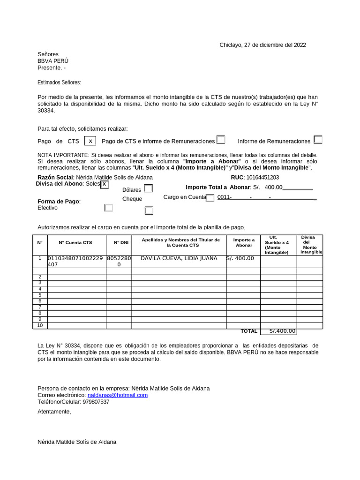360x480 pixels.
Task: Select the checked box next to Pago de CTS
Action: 90,141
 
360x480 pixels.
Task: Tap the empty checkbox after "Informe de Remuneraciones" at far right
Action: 318,140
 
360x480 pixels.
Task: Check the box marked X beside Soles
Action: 105,184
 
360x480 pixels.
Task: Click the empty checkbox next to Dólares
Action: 149,188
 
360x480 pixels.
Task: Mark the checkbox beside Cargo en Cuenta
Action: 210,197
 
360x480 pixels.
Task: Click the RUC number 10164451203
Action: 262,178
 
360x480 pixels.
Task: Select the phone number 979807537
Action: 96,402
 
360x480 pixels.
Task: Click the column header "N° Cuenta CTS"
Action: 75,243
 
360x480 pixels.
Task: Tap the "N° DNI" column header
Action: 121,243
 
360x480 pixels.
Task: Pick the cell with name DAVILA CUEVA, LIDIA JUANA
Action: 179,258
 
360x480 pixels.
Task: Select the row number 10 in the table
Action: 40,325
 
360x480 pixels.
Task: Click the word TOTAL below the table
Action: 249,331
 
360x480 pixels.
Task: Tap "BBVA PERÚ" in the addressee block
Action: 53,61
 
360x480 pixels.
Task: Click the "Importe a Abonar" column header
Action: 244,243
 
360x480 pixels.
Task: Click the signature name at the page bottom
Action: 77,442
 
